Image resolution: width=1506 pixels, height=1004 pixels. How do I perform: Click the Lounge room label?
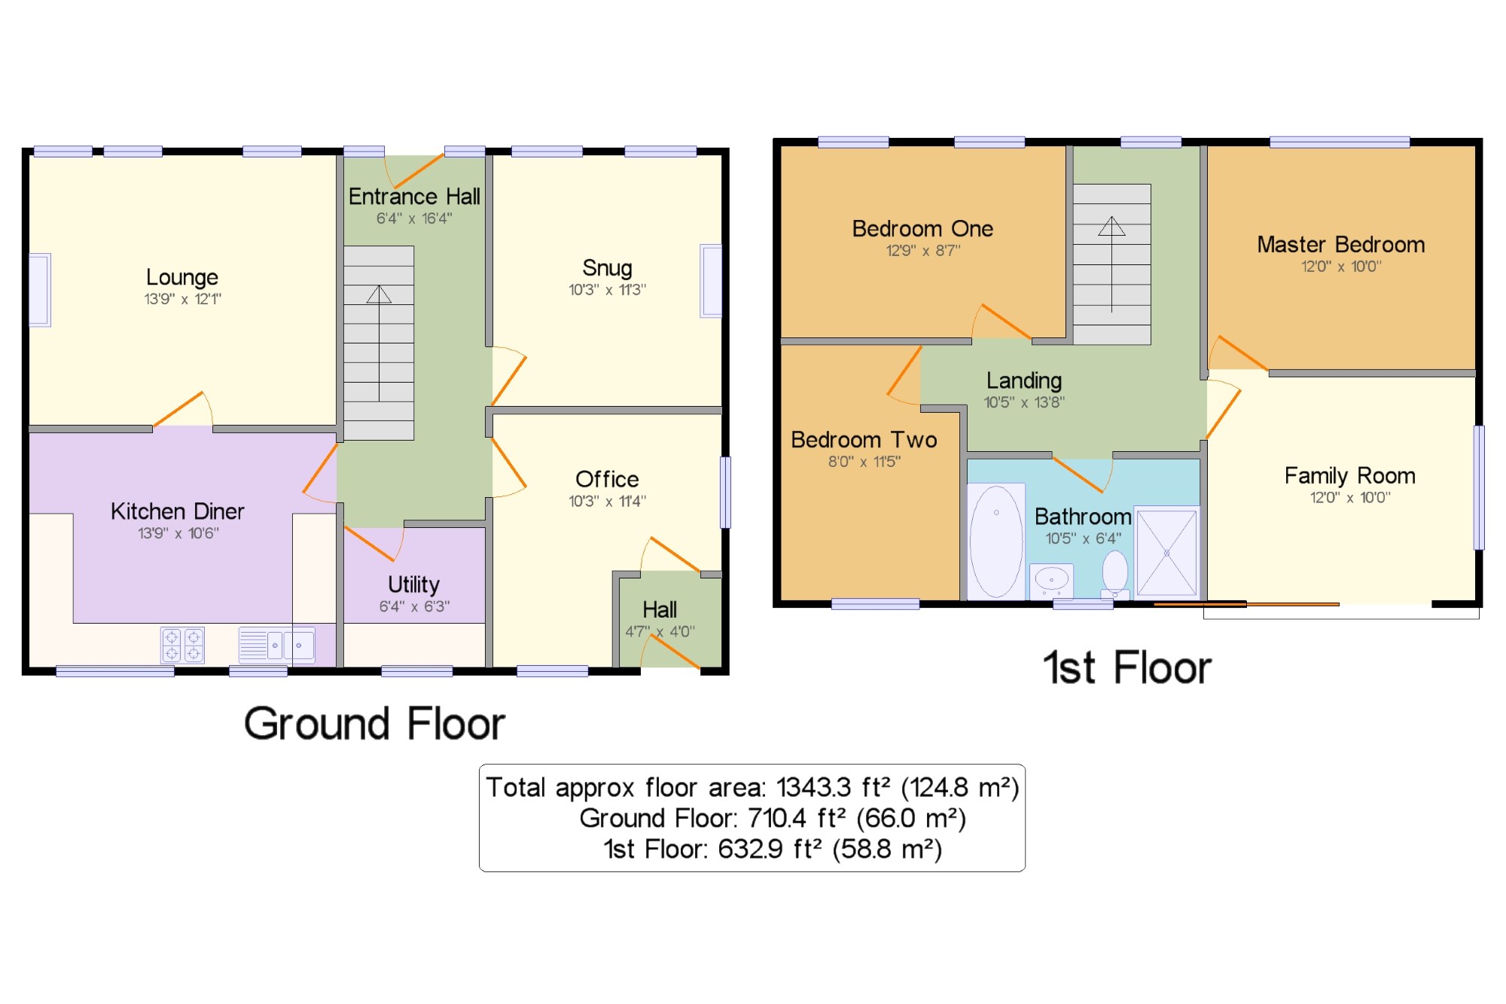(181, 277)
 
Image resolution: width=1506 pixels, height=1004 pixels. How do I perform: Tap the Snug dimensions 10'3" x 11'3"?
(607, 290)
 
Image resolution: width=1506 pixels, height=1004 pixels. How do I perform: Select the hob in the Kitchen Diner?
(182, 645)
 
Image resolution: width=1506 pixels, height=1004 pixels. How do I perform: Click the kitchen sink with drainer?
(276, 645)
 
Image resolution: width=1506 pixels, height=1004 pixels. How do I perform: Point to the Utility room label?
(413, 584)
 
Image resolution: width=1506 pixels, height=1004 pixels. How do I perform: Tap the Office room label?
(607, 479)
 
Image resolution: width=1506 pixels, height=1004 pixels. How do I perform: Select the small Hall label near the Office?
(659, 609)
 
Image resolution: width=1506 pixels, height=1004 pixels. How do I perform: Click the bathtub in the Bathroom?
(995, 541)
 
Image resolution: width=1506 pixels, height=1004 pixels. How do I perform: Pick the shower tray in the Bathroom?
(1166, 553)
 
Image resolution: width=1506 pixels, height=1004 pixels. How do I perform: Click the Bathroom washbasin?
(1051, 579)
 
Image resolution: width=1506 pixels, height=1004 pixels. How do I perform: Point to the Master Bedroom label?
(1340, 245)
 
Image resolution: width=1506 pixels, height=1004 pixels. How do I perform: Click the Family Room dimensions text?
(1349, 498)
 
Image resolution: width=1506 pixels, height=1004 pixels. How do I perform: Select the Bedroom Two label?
(864, 440)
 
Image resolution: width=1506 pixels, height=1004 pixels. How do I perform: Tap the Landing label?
(1024, 380)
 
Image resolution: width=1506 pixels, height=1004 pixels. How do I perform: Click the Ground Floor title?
(374, 724)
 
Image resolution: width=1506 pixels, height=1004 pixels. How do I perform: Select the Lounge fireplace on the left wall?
(40, 290)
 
